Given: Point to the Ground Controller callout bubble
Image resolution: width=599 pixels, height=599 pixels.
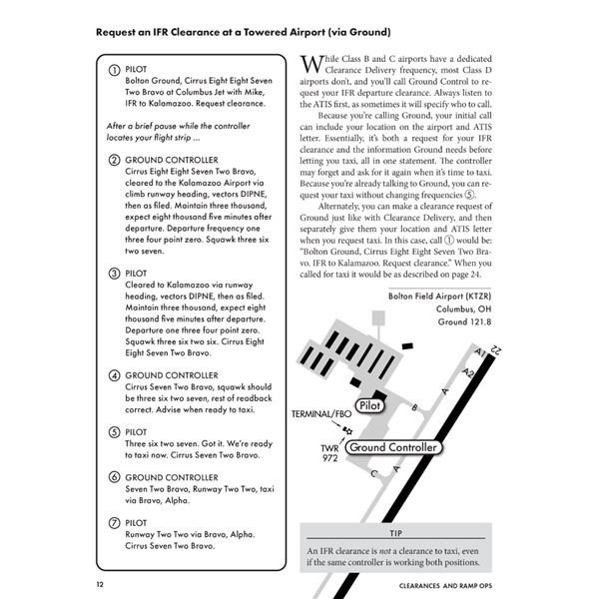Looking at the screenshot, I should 392,448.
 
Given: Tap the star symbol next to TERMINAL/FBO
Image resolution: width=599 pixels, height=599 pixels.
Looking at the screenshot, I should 347,429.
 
